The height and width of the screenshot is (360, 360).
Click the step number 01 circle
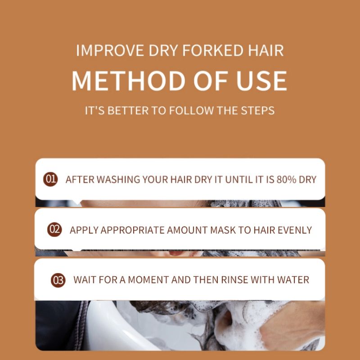[x=50, y=179]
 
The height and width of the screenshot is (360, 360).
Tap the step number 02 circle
[x=54, y=229]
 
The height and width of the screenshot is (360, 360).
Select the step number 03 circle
[x=58, y=280]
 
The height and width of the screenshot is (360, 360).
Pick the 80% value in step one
[x=287, y=179]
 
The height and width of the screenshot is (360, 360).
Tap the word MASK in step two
[x=220, y=229]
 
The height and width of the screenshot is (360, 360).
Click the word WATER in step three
[x=293, y=280]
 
